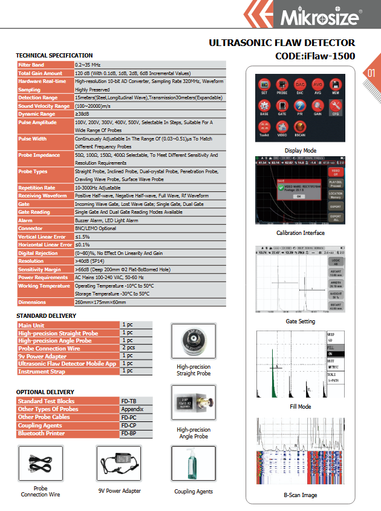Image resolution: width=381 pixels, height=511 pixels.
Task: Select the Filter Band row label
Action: (31, 64)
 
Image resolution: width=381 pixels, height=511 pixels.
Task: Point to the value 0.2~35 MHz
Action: (88, 64)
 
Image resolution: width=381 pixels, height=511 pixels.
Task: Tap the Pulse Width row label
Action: (33, 139)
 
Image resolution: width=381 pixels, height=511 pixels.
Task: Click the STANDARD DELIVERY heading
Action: (46, 316)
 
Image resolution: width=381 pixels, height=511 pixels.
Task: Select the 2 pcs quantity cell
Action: (128, 348)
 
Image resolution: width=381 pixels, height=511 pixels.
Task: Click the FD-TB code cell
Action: (129, 401)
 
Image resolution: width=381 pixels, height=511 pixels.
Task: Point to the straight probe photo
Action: (194, 342)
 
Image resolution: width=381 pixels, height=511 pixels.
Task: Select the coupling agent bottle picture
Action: (193, 464)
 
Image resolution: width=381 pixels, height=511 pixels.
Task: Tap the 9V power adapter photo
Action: (119, 465)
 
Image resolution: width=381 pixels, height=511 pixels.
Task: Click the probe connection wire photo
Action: (41, 464)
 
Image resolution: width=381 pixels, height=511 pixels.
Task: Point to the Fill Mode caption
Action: (300, 407)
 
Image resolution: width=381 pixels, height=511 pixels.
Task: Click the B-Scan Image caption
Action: (301, 495)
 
